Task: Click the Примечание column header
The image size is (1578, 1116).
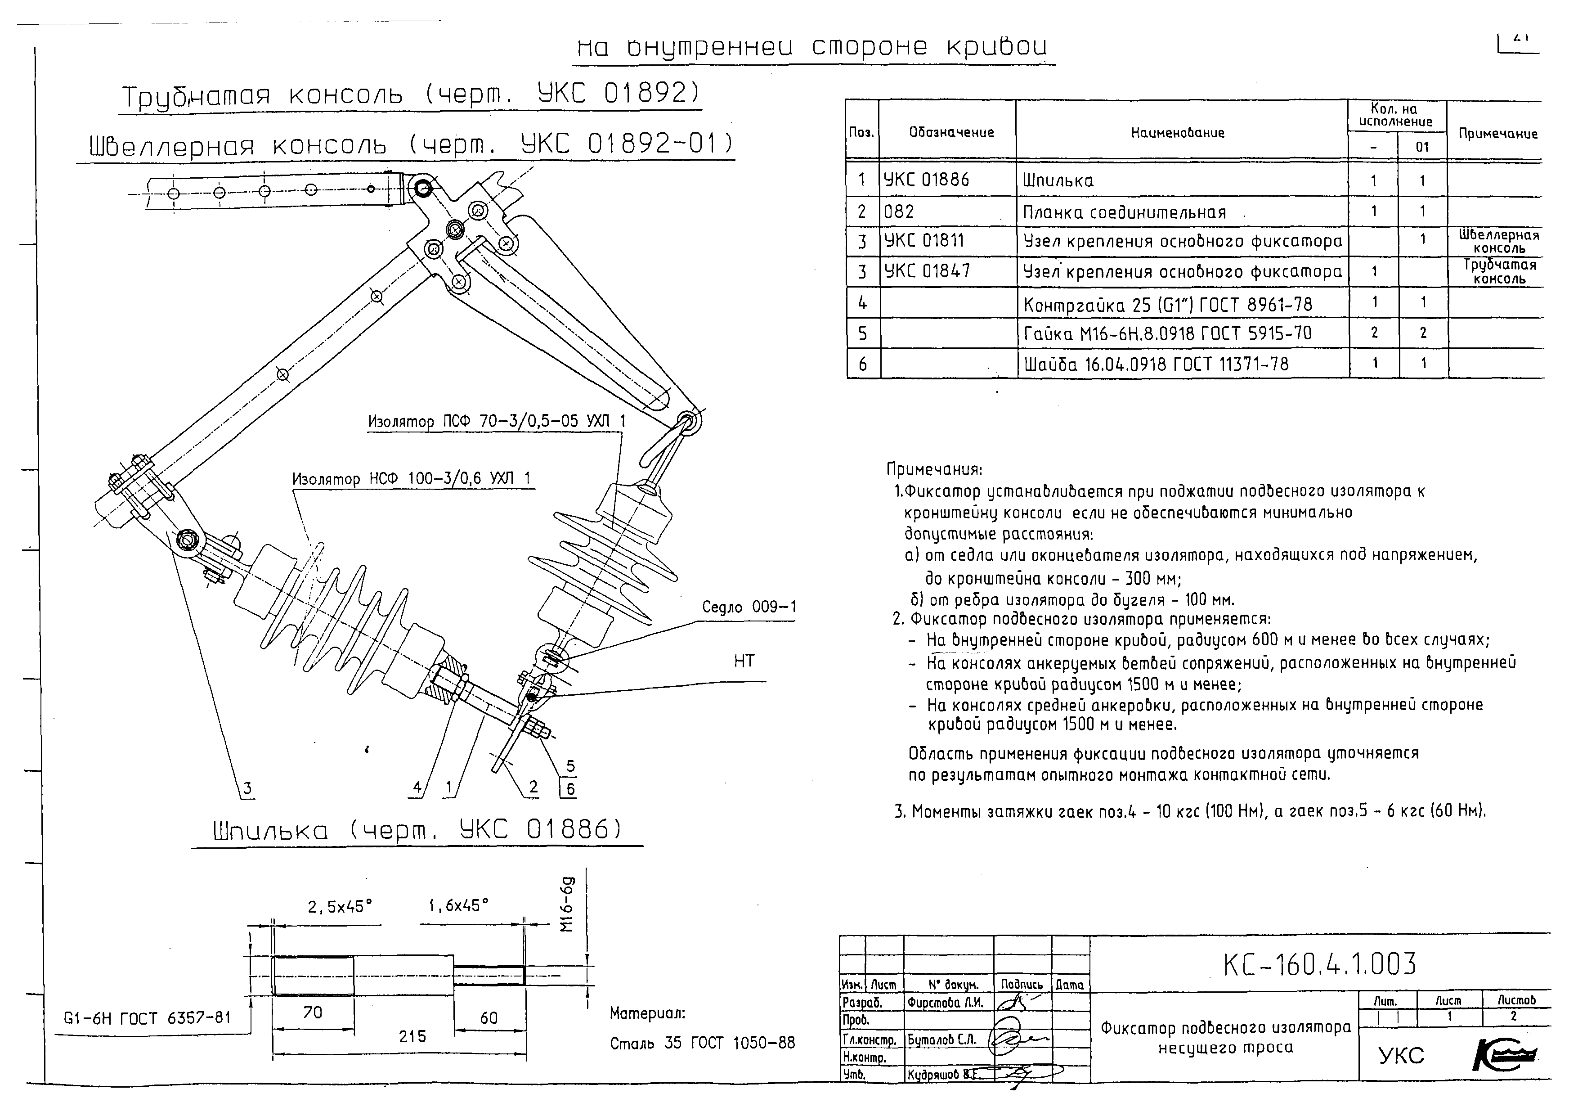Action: pyautogui.click(x=1497, y=133)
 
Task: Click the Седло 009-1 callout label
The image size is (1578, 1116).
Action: pyautogui.click(x=749, y=607)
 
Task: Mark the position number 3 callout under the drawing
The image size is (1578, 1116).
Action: pyautogui.click(x=247, y=788)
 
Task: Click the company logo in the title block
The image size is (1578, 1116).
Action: pyautogui.click(x=1505, y=1055)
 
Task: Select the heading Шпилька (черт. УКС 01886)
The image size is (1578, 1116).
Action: pyautogui.click(x=417, y=831)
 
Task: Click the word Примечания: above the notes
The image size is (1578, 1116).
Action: pyautogui.click(x=934, y=470)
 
